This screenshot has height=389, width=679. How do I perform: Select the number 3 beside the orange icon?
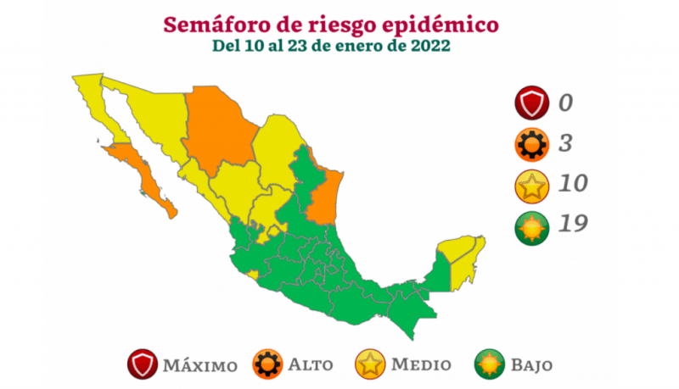point(564,144)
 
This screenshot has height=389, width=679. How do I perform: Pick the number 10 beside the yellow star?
point(572,184)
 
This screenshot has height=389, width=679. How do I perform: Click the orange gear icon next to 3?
point(532,145)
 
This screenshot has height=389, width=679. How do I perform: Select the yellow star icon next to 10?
point(532,185)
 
